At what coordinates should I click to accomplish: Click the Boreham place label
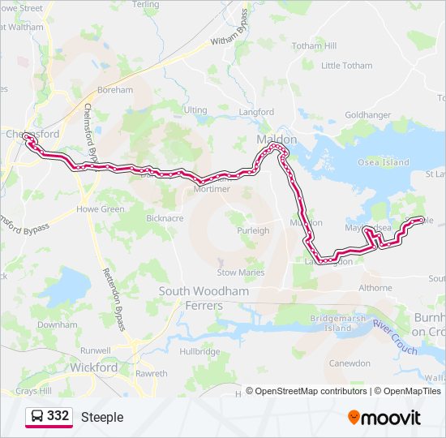click(x=114, y=90)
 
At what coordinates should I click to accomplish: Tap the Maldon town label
click(x=275, y=140)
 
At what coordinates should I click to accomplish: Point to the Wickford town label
click(x=94, y=367)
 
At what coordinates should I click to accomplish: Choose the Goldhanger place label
click(x=367, y=115)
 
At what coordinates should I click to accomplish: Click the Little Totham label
click(x=346, y=66)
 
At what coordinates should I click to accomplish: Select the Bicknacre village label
click(x=165, y=218)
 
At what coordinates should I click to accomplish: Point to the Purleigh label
click(x=252, y=230)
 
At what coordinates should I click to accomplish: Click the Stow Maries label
click(x=242, y=273)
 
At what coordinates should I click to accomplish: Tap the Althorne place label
click(x=375, y=287)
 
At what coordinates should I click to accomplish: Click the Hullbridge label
click(x=199, y=351)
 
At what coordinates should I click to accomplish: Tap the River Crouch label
click(x=395, y=337)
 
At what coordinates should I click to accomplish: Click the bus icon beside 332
click(x=37, y=416)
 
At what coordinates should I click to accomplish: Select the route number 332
click(x=58, y=416)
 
